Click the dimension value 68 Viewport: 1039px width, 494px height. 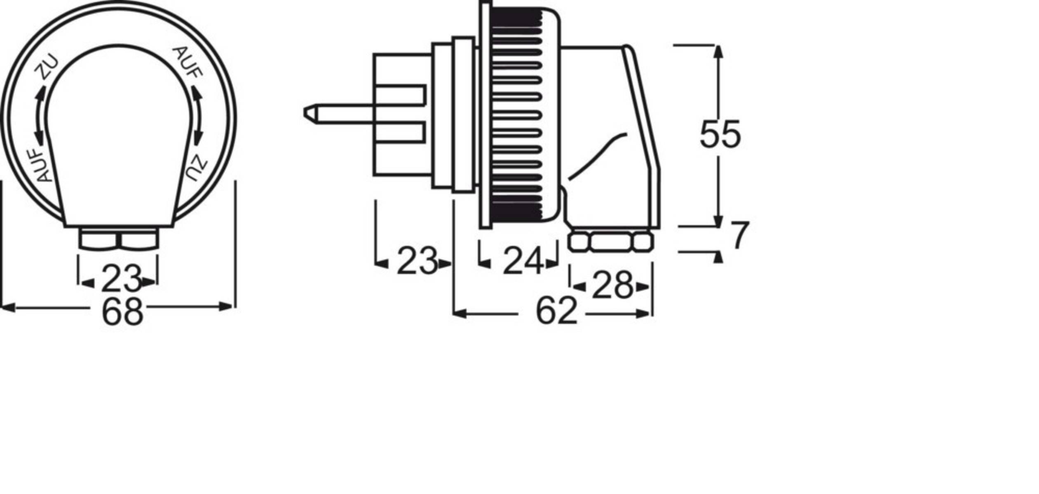pyautogui.click(x=122, y=313)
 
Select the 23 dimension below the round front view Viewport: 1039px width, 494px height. pyautogui.click(x=121, y=280)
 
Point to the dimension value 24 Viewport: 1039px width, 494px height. pyautogui.click(x=522, y=261)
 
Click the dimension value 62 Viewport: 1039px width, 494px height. pyautogui.click(x=556, y=312)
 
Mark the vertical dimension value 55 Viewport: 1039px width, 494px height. pyautogui.click(x=720, y=135)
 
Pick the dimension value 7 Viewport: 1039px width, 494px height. pyautogui.click(x=739, y=236)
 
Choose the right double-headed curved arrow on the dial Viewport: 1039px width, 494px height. pyautogui.click(x=198, y=116)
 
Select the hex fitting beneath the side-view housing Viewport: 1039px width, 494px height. pyautogui.click(x=610, y=242)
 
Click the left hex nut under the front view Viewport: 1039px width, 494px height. pyautogui.click(x=98, y=240)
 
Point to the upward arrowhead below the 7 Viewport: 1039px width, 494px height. pyautogui.click(x=718, y=257)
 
